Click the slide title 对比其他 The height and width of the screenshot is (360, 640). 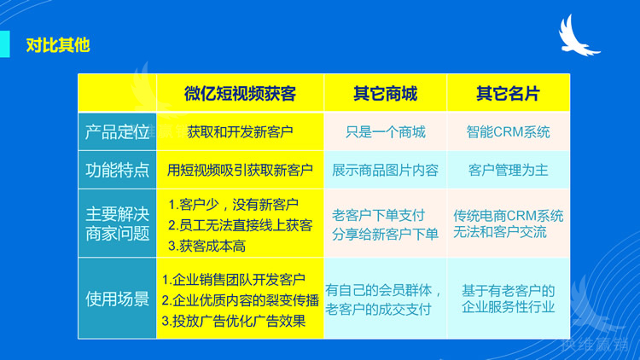57,44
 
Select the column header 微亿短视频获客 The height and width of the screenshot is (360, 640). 240,93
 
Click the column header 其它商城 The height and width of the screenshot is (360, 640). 385,93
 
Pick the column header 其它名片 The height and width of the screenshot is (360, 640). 508,93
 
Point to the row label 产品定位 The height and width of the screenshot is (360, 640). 117,132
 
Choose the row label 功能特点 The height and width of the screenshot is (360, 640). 117,170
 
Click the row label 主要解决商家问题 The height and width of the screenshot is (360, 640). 117,223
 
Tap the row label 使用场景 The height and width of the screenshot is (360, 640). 117,299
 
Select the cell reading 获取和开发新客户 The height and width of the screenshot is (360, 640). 240,132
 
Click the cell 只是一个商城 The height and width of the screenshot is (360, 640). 385,132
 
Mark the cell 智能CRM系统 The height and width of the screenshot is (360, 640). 508,132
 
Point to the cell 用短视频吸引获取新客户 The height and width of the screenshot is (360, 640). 240,170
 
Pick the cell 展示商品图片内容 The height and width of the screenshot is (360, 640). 385,170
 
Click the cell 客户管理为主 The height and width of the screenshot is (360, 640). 508,170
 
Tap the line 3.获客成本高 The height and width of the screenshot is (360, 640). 207,246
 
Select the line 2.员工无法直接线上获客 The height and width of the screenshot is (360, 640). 240,225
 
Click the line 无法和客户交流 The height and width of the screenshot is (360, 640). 500,232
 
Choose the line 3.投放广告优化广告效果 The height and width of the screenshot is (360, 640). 233,322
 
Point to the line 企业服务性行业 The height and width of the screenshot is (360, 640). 508,307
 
